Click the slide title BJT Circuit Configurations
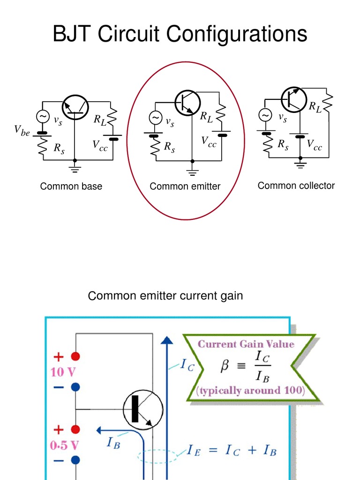point(180,35)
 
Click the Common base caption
point(71,187)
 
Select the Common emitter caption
point(185,187)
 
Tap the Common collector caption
point(296,186)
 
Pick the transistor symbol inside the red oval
point(187,101)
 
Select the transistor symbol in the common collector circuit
point(294,98)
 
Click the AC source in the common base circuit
point(43,117)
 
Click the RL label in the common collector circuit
point(315,107)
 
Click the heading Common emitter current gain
point(165,296)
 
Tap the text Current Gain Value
point(246,344)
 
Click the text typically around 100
point(250,390)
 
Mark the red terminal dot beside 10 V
point(75,357)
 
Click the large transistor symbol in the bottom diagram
point(143,409)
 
